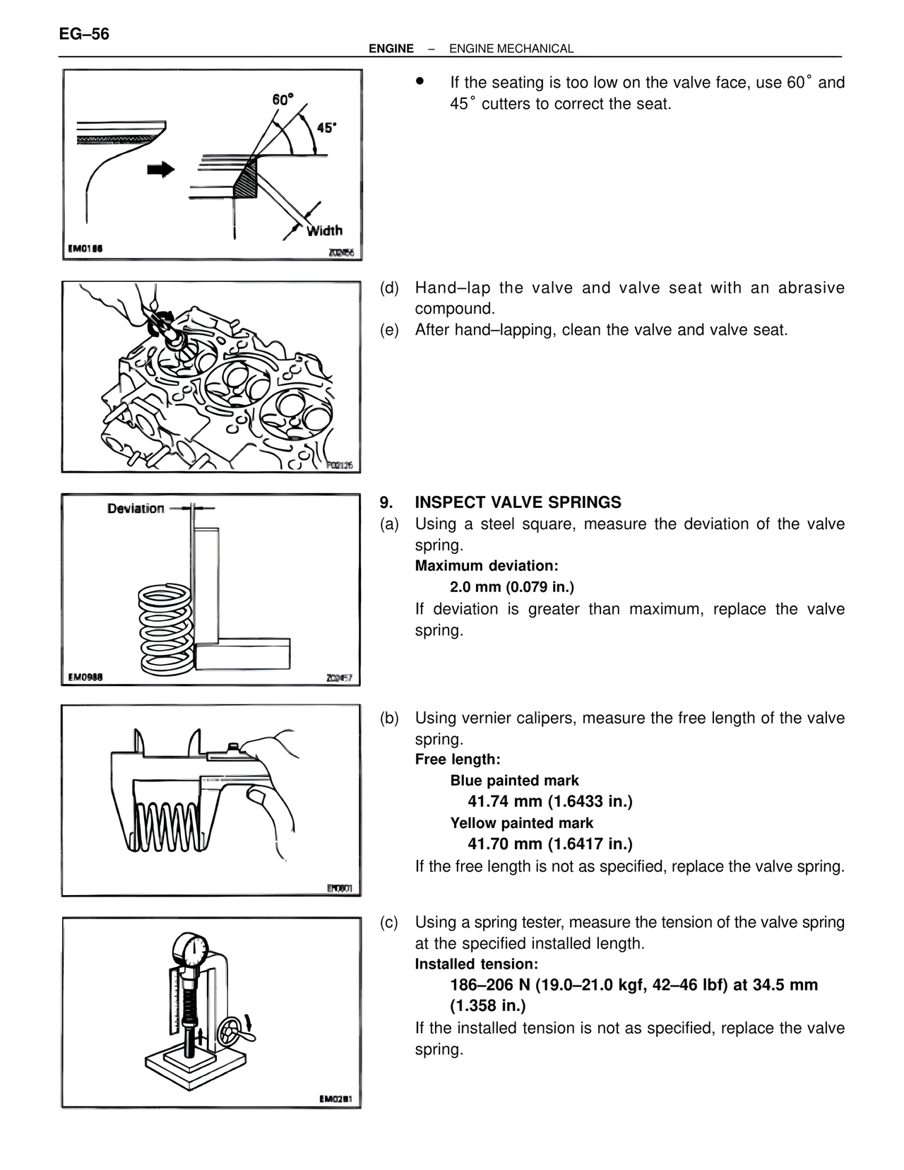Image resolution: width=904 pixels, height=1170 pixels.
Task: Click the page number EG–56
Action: point(85,34)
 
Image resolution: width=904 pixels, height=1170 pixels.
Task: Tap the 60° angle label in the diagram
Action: point(282,100)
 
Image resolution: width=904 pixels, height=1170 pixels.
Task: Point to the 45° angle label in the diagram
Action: point(326,128)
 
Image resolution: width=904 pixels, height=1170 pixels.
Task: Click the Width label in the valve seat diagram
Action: point(324,230)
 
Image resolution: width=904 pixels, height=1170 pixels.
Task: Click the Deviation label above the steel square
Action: point(136,508)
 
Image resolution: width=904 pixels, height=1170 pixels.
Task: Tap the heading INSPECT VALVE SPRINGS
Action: point(518,502)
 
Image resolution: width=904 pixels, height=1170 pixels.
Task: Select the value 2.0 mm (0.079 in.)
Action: point(512,587)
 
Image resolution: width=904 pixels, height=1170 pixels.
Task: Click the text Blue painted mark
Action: point(514,781)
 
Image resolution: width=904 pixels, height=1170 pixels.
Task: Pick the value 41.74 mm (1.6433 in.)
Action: point(549,801)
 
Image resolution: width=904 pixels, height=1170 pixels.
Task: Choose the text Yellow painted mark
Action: point(521,823)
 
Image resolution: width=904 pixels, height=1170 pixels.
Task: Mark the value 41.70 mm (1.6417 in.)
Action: point(549,844)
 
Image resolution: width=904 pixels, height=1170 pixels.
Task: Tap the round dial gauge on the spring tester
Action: point(191,951)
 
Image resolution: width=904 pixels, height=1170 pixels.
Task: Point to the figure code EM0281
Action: point(335,1099)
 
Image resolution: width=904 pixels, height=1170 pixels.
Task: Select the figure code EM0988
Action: point(85,677)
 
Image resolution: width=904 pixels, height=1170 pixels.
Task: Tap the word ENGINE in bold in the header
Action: point(391,49)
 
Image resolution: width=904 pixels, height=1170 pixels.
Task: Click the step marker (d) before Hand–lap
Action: point(389,288)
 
